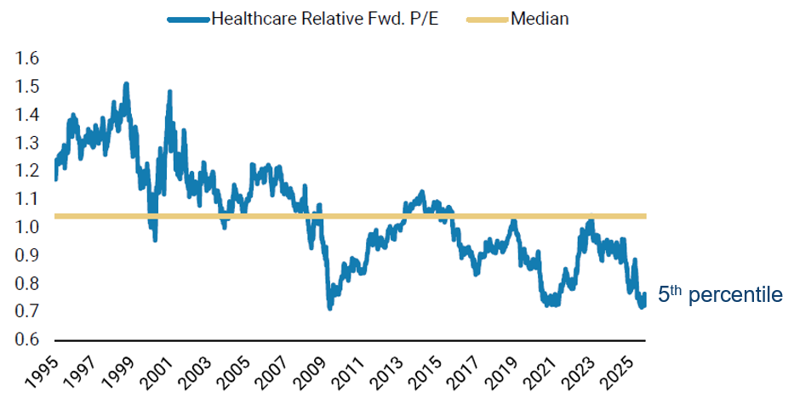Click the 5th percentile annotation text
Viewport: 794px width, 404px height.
pos(719,295)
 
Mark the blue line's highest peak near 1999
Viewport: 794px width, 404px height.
pos(127,84)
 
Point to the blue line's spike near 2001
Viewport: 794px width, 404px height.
pos(169,91)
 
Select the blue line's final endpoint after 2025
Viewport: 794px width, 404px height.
pos(644,294)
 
